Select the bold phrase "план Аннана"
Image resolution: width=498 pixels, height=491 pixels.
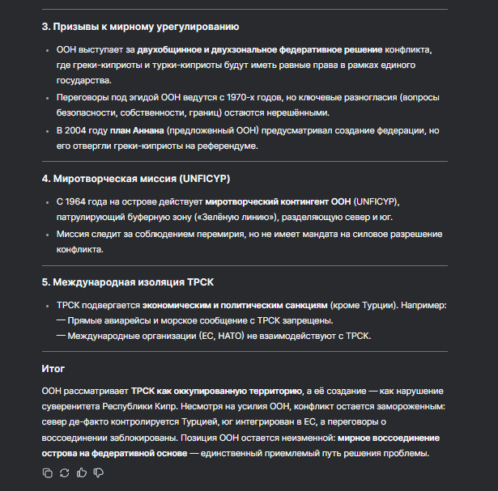click(x=138, y=130)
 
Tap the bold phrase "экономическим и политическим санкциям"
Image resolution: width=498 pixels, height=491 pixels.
click(x=235, y=306)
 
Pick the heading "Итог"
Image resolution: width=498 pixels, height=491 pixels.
click(x=53, y=369)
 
